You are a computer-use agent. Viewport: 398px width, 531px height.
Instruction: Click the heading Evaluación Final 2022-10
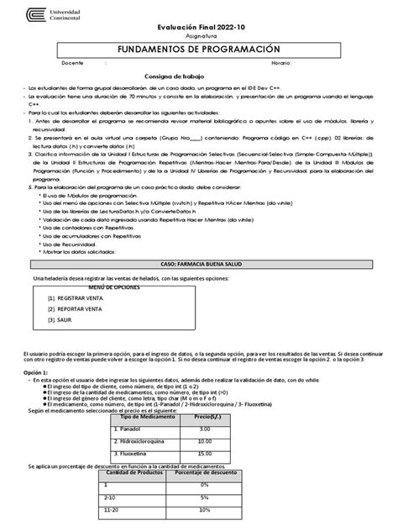point(200,29)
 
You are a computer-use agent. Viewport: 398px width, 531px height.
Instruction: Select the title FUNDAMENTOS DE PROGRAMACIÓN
point(200,50)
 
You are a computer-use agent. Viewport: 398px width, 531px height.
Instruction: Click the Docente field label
point(73,63)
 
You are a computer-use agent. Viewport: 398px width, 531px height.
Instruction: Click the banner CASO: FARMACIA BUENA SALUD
point(198,262)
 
